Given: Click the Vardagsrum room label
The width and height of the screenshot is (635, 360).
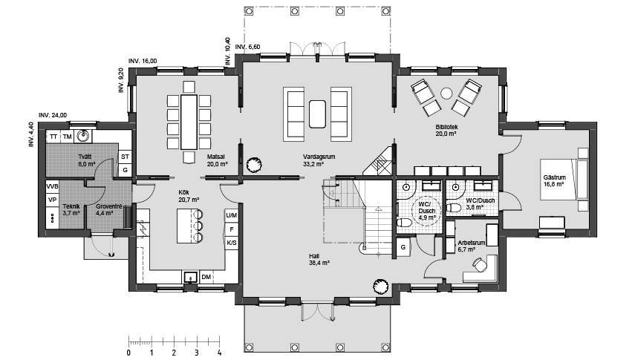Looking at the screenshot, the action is pyautogui.click(x=319, y=157).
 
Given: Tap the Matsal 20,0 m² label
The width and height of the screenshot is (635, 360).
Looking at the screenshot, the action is pyautogui.click(x=217, y=160).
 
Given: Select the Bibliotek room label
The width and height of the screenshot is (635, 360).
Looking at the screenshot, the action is pyautogui.click(x=446, y=127).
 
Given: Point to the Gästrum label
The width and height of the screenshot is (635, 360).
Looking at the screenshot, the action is pyautogui.click(x=554, y=177).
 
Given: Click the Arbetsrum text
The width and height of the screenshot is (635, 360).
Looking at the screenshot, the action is pyautogui.click(x=472, y=243).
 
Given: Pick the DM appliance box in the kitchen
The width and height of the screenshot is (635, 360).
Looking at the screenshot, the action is pyautogui.click(x=206, y=277).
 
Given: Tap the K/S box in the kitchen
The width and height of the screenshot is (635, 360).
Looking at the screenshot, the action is pyautogui.click(x=232, y=243).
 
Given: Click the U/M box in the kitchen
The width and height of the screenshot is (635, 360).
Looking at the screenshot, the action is pyautogui.click(x=232, y=215).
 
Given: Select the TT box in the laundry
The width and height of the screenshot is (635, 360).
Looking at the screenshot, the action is pyautogui.click(x=53, y=137).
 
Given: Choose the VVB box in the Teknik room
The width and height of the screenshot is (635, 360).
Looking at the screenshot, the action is pyautogui.click(x=53, y=187).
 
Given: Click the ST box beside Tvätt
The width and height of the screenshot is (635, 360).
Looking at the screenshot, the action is pyautogui.click(x=125, y=157).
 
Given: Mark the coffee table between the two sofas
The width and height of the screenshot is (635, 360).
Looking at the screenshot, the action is pyautogui.click(x=317, y=114).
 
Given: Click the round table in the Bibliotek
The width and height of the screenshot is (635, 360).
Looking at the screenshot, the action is pyautogui.click(x=446, y=94).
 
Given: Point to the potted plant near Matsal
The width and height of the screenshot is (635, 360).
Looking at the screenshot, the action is pyautogui.click(x=254, y=164).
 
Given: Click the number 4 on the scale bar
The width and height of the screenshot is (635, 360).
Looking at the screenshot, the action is pyautogui.click(x=220, y=353).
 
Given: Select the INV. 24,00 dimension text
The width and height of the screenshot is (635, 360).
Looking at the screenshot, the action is pyautogui.click(x=53, y=115).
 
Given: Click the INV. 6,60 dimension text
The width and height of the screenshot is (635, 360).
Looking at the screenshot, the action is pyautogui.click(x=248, y=47).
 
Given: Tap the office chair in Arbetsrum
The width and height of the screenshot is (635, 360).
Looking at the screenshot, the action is pyautogui.click(x=480, y=265).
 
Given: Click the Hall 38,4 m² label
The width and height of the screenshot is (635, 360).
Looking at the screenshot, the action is pyautogui.click(x=319, y=259).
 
